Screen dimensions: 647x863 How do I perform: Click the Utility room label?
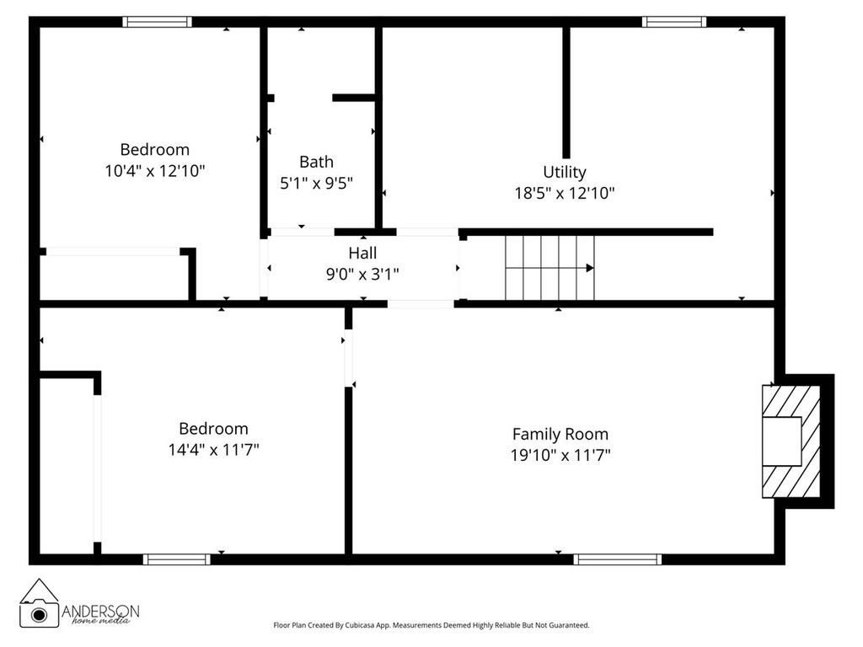[x=564, y=172]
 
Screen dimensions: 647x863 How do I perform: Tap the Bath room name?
[x=316, y=162]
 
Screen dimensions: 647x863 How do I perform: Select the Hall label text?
[x=362, y=253]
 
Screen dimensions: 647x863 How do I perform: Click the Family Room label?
[x=560, y=434]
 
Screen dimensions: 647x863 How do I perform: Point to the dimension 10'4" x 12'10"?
[x=155, y=170]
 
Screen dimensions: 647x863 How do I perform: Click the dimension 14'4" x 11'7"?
[x=213, y=449]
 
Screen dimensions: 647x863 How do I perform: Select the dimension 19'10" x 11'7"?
[x=560, y=455]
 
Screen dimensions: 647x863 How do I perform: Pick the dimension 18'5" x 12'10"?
[x=564, y=193]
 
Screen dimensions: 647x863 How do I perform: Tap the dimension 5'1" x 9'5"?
[x=316, y=183]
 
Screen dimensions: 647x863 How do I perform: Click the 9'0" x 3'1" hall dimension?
[x=362, y=273]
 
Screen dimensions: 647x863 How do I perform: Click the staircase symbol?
[x=549, y=268]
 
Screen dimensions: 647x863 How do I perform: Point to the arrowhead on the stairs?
[x=590, y=268]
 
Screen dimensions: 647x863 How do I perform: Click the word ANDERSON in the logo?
[x=101, y=610]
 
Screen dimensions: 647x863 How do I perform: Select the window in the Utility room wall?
[x=673, y=22]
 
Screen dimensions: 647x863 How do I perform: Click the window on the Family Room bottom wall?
[x=617, y=559]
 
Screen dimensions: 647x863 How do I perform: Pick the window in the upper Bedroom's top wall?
[x=157, y=22]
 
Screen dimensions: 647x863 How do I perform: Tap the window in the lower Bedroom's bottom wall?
[x=176, y=559]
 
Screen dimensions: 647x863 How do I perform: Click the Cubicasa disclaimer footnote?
[x=431, y=625]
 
